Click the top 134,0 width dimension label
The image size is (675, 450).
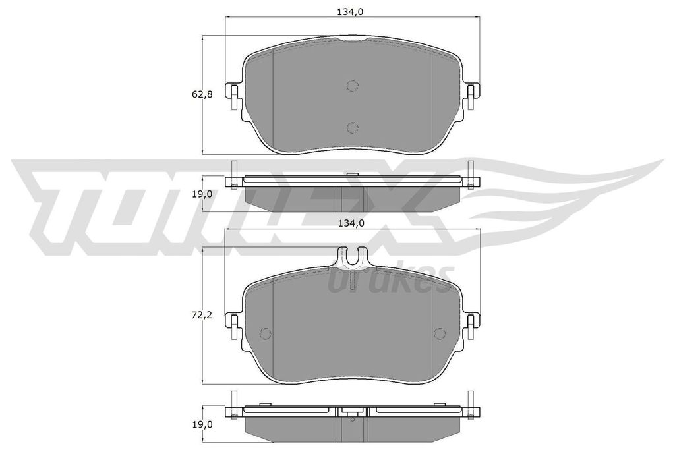[x=352, y=11]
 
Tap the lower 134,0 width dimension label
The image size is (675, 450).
[x=352, y=223]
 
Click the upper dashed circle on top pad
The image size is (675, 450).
[x=352, y=85]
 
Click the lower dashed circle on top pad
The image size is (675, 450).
[x=352, y=127]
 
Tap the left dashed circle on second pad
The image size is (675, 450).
[x=265, y=333]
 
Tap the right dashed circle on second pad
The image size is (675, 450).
[x=439, y=333]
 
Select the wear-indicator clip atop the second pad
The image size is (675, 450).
[x=352, y=258]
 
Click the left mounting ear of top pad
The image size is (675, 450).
[x=233, y=96]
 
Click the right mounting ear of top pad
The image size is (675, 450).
[x=471, y=96]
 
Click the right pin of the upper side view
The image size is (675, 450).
[x=470, y=175]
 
